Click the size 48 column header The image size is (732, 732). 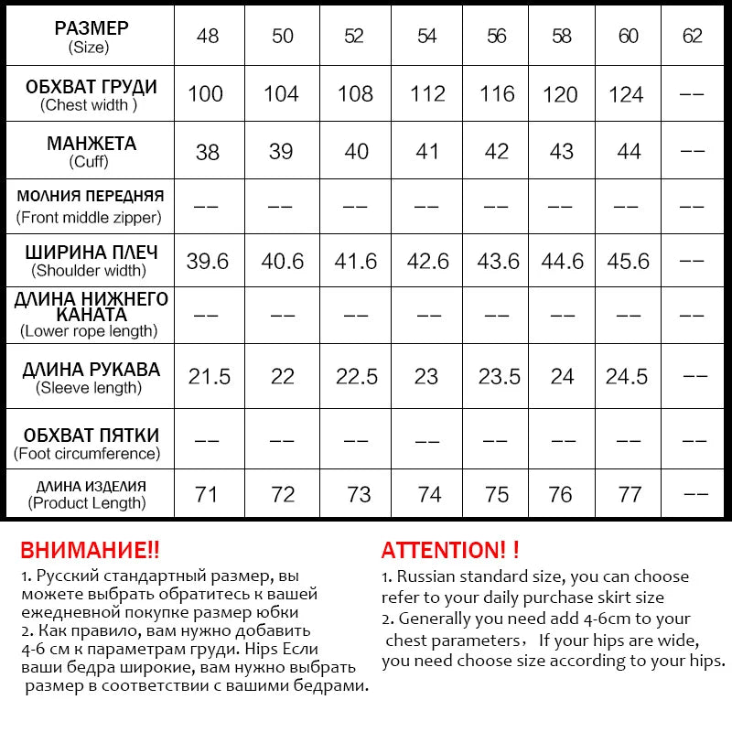[208, 36]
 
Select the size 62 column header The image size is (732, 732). [693, 36]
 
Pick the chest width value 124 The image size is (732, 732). [627, 93]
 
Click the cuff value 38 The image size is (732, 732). [208, 151]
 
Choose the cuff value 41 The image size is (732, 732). [427, 151]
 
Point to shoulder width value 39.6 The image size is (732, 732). [208, 261]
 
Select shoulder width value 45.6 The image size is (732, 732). [629, 261]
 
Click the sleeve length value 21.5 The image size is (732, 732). [210, 376]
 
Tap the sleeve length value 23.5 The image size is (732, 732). [499, 376]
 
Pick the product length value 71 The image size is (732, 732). [207, 494]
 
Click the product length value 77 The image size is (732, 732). [630, 494]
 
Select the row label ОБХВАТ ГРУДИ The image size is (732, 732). [91, 87]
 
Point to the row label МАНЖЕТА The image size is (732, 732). [91, 144]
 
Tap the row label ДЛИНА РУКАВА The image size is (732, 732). [91, 370]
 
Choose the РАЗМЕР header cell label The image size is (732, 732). [91, 28]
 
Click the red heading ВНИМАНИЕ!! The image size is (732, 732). [90, 550]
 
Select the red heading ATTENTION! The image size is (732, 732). [449, 550]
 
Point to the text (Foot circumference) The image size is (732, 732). [87, 453]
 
